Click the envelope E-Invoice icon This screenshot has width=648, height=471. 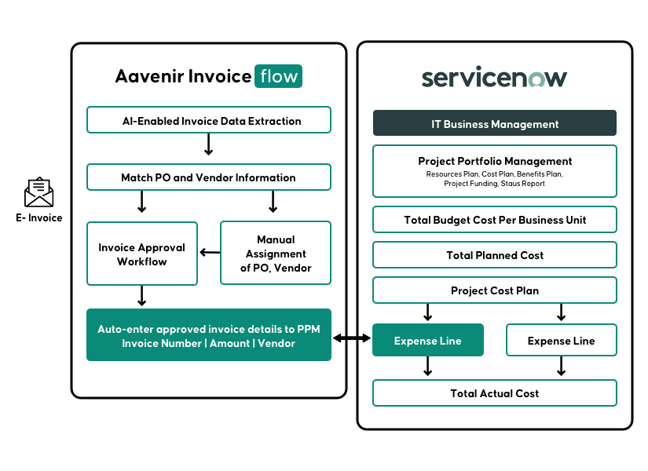tap(38, 192)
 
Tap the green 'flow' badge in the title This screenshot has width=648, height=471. tap(278, 76)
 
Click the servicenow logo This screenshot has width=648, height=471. tap(494, 78)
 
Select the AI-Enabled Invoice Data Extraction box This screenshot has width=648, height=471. tap(209, 121)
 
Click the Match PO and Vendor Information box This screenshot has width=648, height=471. tap(209, 177)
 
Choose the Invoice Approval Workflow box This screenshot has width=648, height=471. tap(142, 254)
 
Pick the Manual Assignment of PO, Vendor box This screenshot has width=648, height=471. tap(276, 254)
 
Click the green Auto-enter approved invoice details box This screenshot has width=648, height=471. tap(209, 335)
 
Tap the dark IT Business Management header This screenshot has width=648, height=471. tap(495, 124)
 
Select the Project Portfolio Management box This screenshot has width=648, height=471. tap(495, 171)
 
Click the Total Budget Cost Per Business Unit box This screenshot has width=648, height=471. tap(495, 220)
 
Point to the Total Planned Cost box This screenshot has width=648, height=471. tap(495, 255)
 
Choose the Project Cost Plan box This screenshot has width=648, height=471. tap(495, 290)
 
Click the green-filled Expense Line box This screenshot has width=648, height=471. tap(428, 341)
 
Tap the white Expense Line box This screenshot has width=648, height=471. tap(561, 341)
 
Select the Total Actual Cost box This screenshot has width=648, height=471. tap(495, 393)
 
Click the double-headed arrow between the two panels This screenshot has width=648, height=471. tap(352, 338)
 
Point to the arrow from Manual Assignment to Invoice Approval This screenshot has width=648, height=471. tap(209, 253)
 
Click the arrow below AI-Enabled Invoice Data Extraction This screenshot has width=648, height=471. tap(209, 144)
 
